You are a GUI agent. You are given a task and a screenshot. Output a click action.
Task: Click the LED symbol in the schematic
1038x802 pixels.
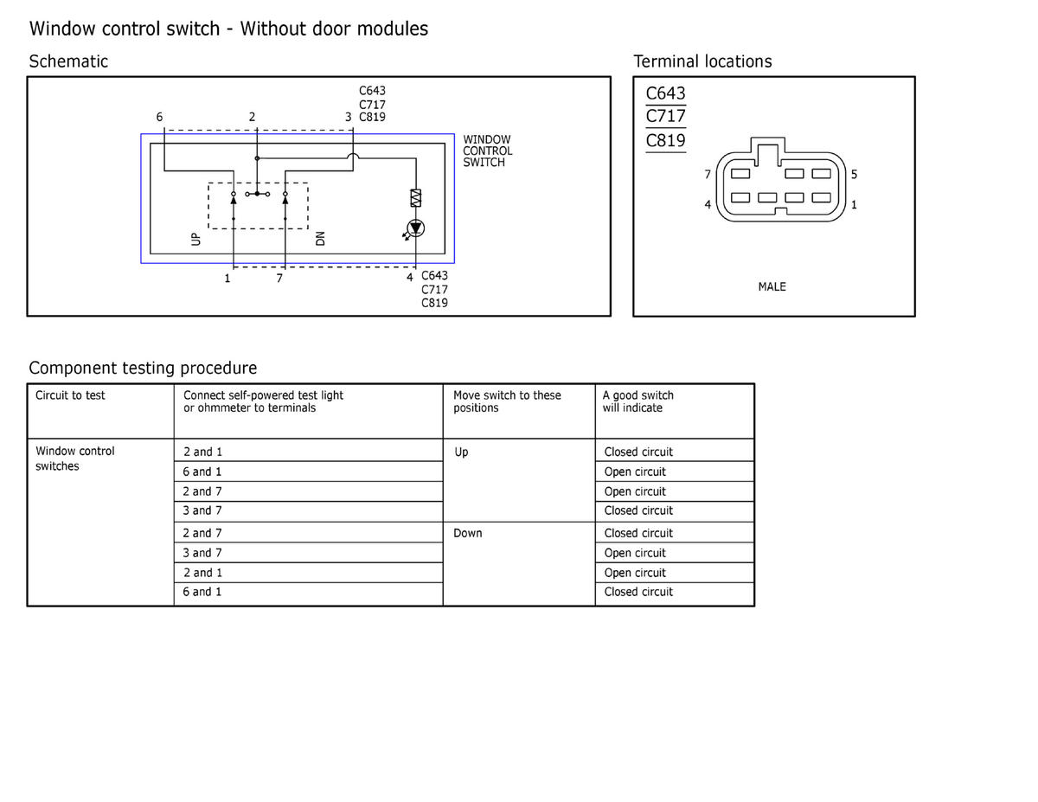[416, 228]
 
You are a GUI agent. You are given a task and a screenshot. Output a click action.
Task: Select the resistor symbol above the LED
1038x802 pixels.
[416, 198]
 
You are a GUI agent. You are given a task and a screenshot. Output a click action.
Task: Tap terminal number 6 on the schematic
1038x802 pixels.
[159, 117]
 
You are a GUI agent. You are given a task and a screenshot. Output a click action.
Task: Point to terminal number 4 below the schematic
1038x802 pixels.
[410, 278]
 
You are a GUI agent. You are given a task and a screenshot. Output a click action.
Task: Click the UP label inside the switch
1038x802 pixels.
[195, 239]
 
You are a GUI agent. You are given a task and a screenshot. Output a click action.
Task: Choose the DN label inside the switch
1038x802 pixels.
[321, 239]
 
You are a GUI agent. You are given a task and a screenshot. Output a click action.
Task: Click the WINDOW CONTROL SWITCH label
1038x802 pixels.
[487, 151]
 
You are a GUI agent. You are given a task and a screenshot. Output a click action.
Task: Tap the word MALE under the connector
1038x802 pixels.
[772, 287]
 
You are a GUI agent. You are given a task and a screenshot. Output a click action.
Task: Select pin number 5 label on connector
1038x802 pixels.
[854, 175]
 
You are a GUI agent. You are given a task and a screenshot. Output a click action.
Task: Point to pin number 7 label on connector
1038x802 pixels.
[708, 175]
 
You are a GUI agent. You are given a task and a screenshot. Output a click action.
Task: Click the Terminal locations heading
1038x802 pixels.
[702, 61]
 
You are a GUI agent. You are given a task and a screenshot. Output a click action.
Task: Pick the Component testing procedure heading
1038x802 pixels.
[143, 368]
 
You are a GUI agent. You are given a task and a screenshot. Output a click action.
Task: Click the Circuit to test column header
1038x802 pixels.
[70, 395]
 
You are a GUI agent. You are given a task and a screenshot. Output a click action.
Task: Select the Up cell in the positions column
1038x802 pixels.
[461, 452]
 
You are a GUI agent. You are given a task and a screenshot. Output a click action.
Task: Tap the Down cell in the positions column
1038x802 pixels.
[467, 533]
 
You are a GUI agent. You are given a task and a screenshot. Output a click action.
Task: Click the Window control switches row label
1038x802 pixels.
[74, 459]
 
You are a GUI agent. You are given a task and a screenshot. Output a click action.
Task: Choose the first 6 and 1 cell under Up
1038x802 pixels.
[202, 472]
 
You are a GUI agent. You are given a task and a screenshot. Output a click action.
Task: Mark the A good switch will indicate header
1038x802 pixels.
[638, 401]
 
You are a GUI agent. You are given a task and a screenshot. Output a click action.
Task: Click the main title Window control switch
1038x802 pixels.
[228, 29]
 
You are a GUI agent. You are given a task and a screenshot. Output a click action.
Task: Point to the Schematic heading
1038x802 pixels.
[68, 61]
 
